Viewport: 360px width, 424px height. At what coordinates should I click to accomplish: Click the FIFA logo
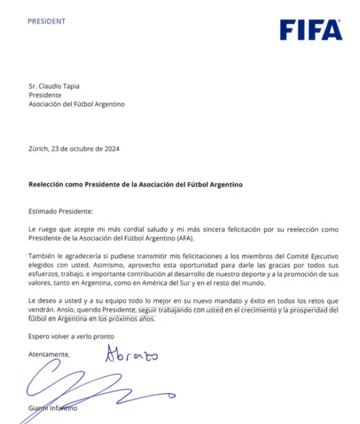click(x=310, y=29)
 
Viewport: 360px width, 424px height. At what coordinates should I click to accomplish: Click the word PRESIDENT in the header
click(x=47, y=21)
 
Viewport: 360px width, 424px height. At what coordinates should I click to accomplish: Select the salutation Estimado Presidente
click(x=60, y=211)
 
